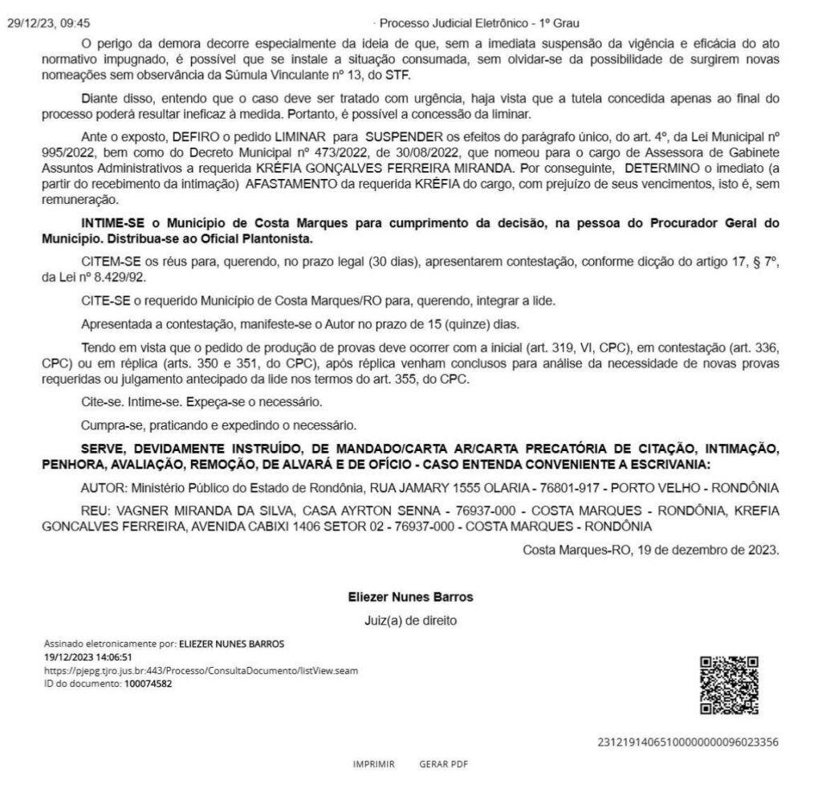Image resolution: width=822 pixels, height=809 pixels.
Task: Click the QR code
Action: [729, 685]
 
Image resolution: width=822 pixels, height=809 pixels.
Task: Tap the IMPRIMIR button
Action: [373, 764]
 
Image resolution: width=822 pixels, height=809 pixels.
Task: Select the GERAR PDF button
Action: [443, 764]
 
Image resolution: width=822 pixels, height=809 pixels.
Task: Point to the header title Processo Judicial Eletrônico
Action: [478, 23]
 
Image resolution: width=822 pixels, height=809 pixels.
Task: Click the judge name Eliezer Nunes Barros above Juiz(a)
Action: [410, 597]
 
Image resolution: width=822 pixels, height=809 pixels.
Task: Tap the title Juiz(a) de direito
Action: [410, 620]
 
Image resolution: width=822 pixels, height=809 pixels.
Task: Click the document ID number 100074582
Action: [148, 684]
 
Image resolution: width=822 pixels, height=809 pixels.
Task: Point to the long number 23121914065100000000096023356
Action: [688, 742]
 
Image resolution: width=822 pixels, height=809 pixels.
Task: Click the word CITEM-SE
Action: [109, 264]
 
